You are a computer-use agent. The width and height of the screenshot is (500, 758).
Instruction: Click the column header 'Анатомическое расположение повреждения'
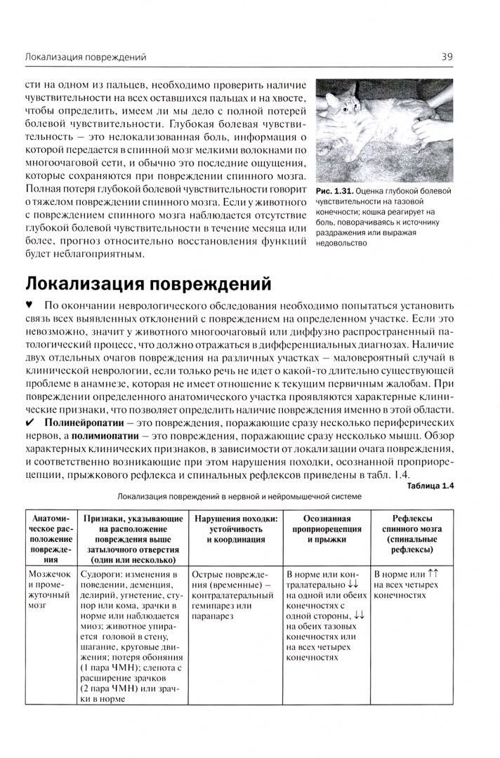click(x=49, y=539)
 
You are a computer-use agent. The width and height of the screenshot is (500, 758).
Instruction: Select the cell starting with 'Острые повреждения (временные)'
click(x=232, y=594)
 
